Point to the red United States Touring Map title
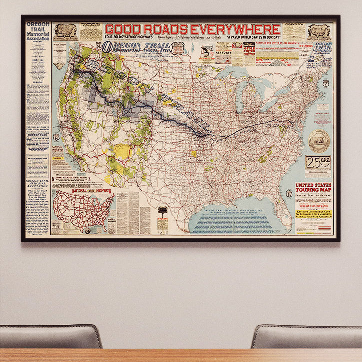point(313,188)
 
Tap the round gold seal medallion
point(318,141)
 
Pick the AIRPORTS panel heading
point(223,51)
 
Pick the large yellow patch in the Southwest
point(123,151)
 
